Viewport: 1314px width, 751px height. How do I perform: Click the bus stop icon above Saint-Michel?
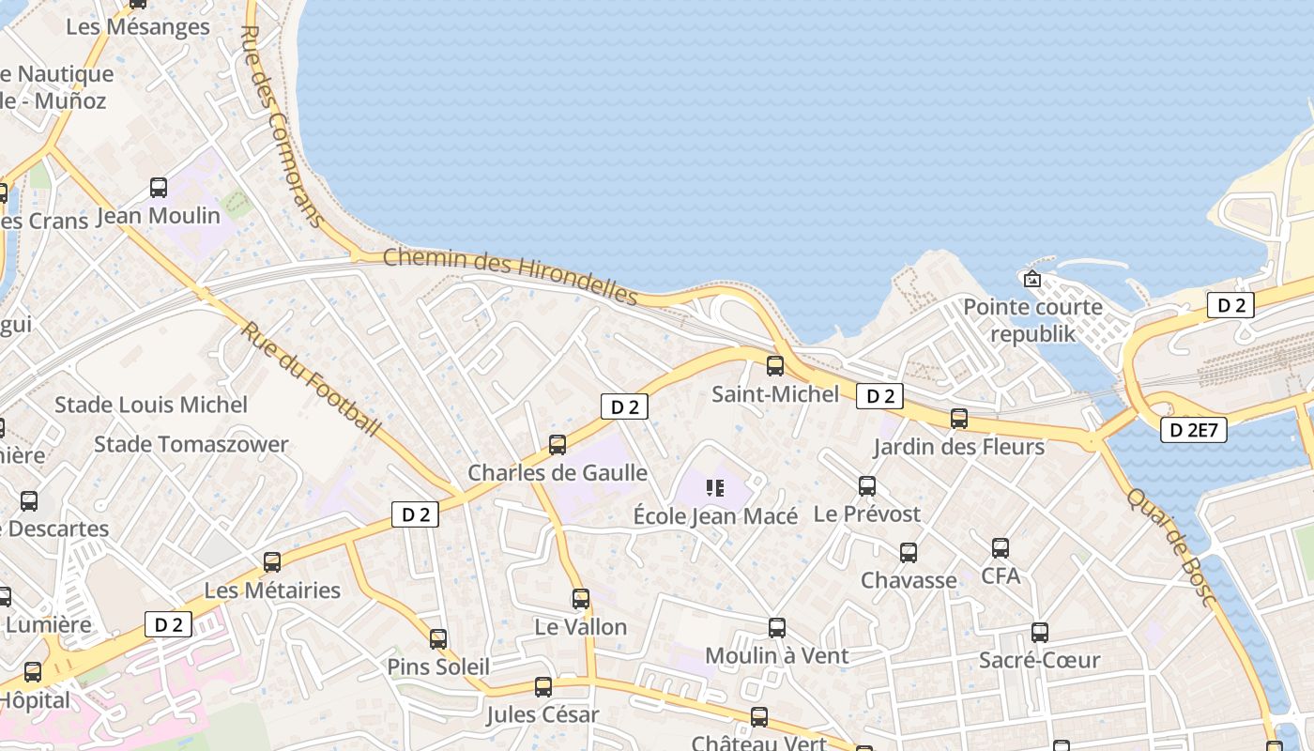(774, 366)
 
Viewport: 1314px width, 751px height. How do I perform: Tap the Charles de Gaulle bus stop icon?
(558, 445)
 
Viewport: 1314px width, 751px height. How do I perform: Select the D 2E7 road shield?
(1193, 430)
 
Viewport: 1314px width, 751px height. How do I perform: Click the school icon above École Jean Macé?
(715, 488)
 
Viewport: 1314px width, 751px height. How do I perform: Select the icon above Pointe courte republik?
(1032, 279)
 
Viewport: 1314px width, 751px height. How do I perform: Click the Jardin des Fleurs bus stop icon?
(958, 419)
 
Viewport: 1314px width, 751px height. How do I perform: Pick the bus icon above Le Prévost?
(866, 486)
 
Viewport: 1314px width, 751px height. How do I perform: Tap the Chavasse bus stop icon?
(908, 553)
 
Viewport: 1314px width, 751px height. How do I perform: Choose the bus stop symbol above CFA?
(1000, 547)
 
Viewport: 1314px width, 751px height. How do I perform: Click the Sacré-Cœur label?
(1039, 660)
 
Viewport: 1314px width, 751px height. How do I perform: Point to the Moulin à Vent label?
(776, 655)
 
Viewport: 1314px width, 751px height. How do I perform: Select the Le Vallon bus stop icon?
(580, 599)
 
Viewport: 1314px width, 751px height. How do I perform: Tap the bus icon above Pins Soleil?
(437, 639)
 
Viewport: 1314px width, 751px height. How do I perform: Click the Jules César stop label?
(542, 715)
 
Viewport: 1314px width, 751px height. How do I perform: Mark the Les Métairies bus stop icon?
(271, 562)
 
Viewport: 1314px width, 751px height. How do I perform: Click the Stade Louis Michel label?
(151, 405)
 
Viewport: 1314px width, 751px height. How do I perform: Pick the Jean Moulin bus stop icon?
(159, 188)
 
